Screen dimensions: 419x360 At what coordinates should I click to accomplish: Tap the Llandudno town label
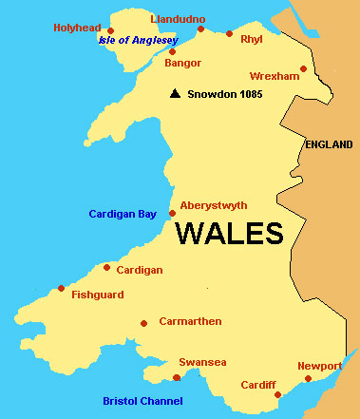tap(178, 18)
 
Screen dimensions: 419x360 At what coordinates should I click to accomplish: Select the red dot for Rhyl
tap(229, 33)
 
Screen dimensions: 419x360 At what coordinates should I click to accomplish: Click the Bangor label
tap(183, 63)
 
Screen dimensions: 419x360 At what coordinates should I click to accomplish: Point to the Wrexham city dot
tap(303, 68)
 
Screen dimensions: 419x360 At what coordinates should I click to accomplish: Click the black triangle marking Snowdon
tap(175, 94)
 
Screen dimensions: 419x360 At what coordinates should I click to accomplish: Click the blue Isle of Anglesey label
tap(139, 41)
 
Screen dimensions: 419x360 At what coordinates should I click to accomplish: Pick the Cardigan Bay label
tap(123, 214)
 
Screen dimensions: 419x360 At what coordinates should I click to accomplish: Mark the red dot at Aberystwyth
tap(172, 213)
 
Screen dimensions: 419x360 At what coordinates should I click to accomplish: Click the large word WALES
tap(229, 233)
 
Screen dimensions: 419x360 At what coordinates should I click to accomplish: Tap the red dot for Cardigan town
tap(106, 267)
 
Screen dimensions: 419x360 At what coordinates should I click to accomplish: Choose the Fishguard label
tap(98, 295)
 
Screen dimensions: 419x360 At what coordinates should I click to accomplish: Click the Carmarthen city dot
tap(143, 323)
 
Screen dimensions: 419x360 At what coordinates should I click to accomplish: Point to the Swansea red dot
tap(176, 377)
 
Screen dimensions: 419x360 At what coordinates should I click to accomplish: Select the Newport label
tap(319, 366)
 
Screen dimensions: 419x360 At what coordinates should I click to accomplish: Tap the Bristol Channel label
tap(142, 401)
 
